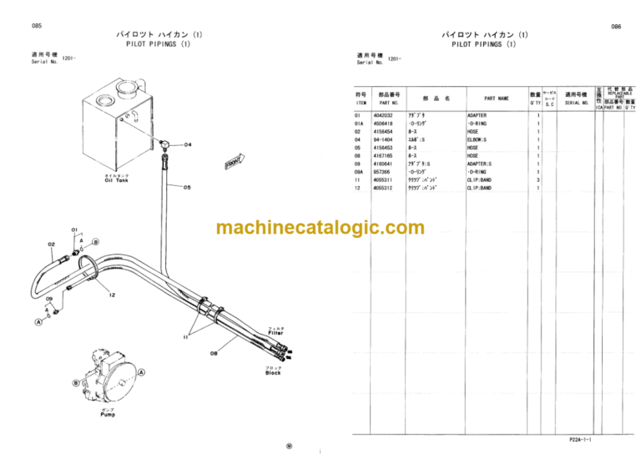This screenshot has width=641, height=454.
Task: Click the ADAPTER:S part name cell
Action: (x=479, y=164)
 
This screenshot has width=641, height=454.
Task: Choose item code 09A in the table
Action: (x=359, y=172)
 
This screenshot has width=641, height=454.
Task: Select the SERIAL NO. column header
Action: (x=577, y=103)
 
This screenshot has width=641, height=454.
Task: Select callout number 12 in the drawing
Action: (x=110, y=294)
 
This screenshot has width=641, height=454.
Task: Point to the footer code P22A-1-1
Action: (x=581, y=439)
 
